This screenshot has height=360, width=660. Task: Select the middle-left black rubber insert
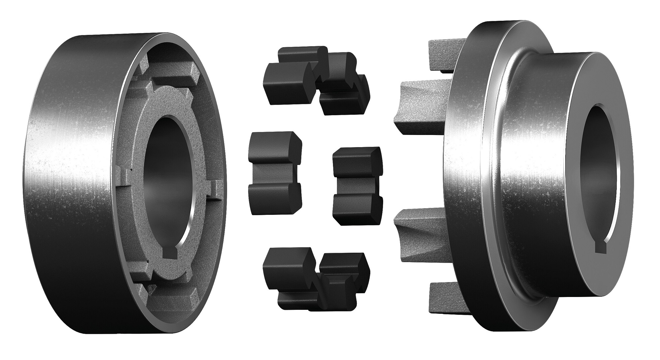tap(274, 173)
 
